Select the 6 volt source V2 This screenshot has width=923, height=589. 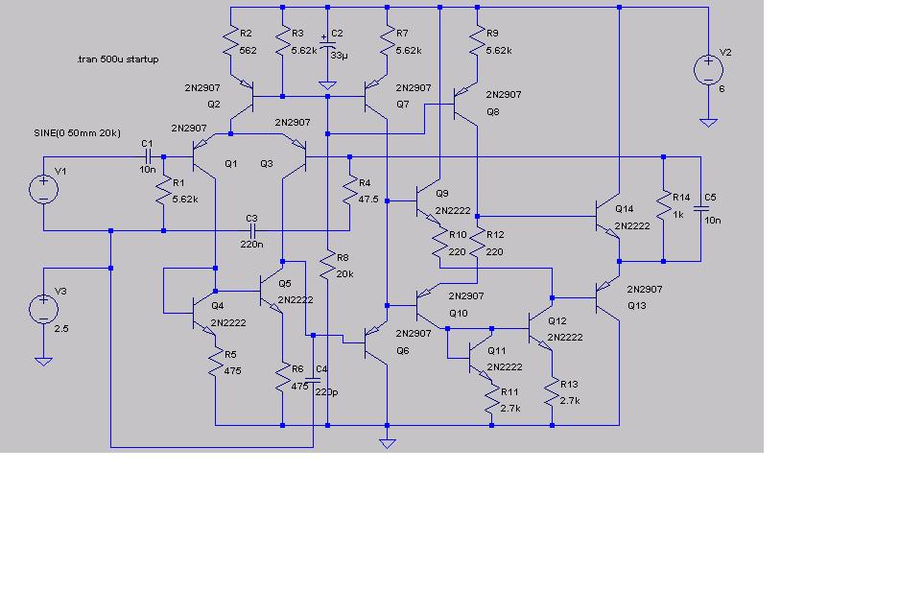click(x=708, y=69)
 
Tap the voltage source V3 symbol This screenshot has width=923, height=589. click(x=43, y=309)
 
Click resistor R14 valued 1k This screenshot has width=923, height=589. click(x=662, y=205)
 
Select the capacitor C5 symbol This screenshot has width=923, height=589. click(x=700, y=206)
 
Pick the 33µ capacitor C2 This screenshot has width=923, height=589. click(x=327, y=48)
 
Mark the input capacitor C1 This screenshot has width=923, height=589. click(x=147, y=155)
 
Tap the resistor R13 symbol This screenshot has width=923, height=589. click(x=552, y=393)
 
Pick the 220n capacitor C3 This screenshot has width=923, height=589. click(x=253, y=230)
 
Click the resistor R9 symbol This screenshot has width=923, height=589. click(x=477, y=39)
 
